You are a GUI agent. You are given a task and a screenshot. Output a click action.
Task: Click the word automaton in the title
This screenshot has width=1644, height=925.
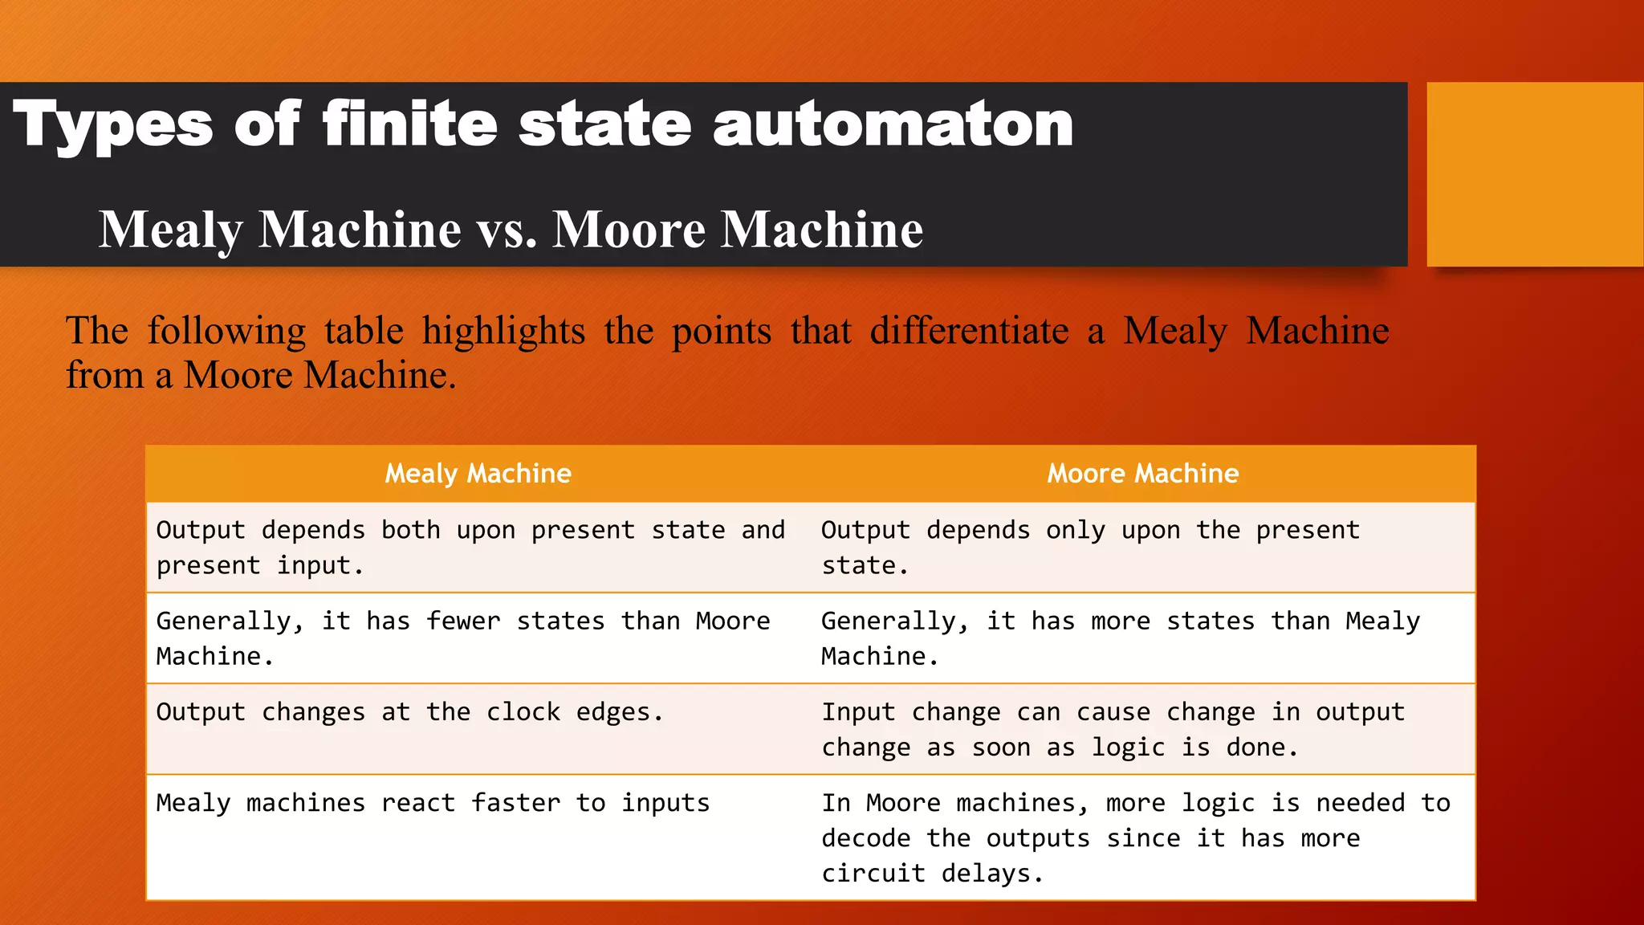893,125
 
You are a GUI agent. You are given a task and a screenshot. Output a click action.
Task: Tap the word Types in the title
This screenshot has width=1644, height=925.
113,125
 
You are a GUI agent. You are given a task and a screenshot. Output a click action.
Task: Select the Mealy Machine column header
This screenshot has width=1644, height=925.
478,474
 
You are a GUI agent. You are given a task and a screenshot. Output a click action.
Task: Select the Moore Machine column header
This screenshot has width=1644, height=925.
1142,474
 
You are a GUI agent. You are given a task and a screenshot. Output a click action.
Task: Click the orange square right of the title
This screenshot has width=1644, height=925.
1534,173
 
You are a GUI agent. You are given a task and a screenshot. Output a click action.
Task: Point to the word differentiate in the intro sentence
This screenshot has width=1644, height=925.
969,331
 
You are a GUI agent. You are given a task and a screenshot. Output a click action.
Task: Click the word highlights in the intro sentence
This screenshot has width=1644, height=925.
503,331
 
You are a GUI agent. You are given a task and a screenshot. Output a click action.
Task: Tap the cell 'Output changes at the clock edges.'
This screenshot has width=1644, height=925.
409,712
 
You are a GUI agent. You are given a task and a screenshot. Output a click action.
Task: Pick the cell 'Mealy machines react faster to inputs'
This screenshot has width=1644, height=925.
433,803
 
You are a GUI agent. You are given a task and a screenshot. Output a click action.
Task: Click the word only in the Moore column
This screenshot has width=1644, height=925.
1075,530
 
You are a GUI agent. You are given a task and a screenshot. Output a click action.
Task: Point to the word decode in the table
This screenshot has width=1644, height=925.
865,838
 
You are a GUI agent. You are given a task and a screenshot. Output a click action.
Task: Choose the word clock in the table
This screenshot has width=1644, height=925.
523,712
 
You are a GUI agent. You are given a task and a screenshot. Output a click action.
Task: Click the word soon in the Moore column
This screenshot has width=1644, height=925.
1000,748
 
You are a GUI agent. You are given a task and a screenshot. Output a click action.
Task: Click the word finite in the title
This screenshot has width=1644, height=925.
409,125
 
